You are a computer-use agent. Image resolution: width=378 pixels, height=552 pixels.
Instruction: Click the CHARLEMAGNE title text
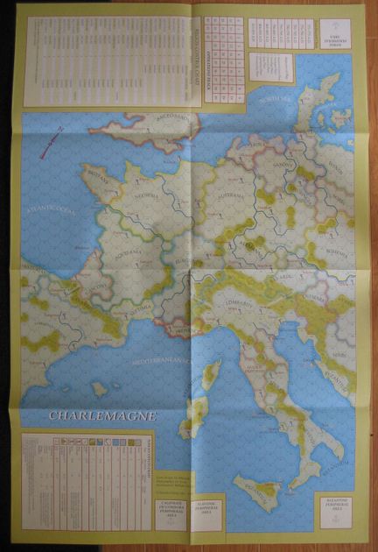pyautogui.click(x=102, y=415)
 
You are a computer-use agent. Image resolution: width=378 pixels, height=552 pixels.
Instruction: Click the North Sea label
pyautogui.click(x=271, y=102)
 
